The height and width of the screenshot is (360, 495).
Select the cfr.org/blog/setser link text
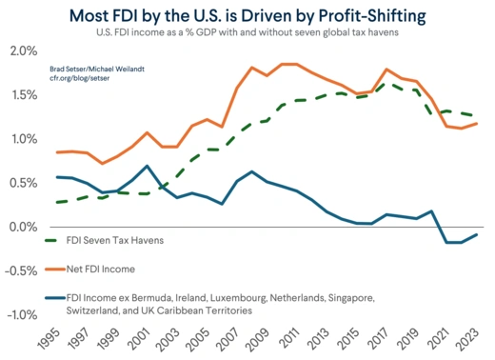coord(80,81)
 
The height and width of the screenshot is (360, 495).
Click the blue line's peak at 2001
coord(147,166)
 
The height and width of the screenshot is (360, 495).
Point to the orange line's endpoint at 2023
coord(476,123)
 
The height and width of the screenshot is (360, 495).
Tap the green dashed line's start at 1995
coord(57,202)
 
